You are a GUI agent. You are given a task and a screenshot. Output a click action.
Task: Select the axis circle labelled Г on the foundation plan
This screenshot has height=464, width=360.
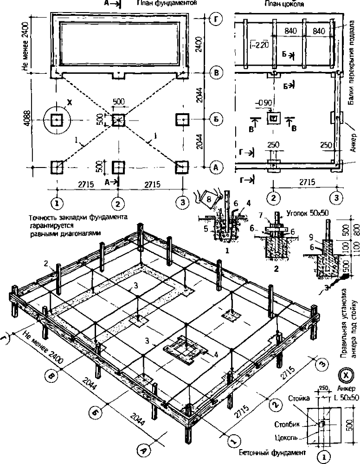(215, 19)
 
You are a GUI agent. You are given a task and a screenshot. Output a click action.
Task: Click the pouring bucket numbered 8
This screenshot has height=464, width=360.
(208, 200)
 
